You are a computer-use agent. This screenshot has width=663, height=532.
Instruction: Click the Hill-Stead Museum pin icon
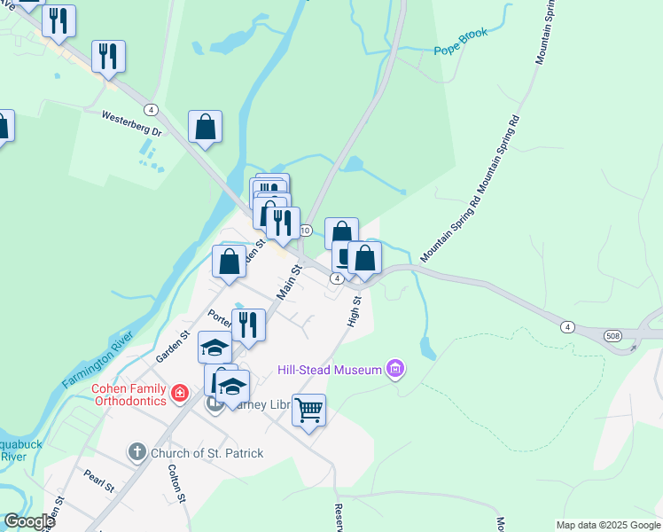click(x=395, y=369)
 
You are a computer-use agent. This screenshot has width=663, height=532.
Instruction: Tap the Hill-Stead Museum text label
click(x=329, y=369)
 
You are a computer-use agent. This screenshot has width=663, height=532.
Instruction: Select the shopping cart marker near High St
click(x=308, y=411)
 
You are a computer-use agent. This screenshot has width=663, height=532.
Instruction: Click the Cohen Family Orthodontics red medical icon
click(x=180, y=392)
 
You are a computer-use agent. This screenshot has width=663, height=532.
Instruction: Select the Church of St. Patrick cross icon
click(x=136, y=452)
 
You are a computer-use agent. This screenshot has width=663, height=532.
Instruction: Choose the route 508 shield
click(x=613, y=336)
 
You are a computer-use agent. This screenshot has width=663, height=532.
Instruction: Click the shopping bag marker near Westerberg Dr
click(x=205, y=127)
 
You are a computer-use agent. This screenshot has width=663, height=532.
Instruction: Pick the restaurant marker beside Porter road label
click(x=248, y=325)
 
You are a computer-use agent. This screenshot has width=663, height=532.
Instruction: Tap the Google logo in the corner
click(x=29, y=521)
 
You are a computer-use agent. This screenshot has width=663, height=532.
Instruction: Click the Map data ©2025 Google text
click(x=608, y=525)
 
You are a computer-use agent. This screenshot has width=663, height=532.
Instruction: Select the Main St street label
click(x=290, y=281)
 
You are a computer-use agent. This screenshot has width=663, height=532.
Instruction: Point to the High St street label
click(x=355, y=311)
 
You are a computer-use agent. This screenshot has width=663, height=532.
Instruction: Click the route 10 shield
click(x=305, y=231)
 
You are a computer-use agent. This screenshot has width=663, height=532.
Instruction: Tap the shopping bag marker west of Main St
click(x=229, y=262)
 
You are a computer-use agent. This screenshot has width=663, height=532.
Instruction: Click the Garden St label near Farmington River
click(x=173, y=347)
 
